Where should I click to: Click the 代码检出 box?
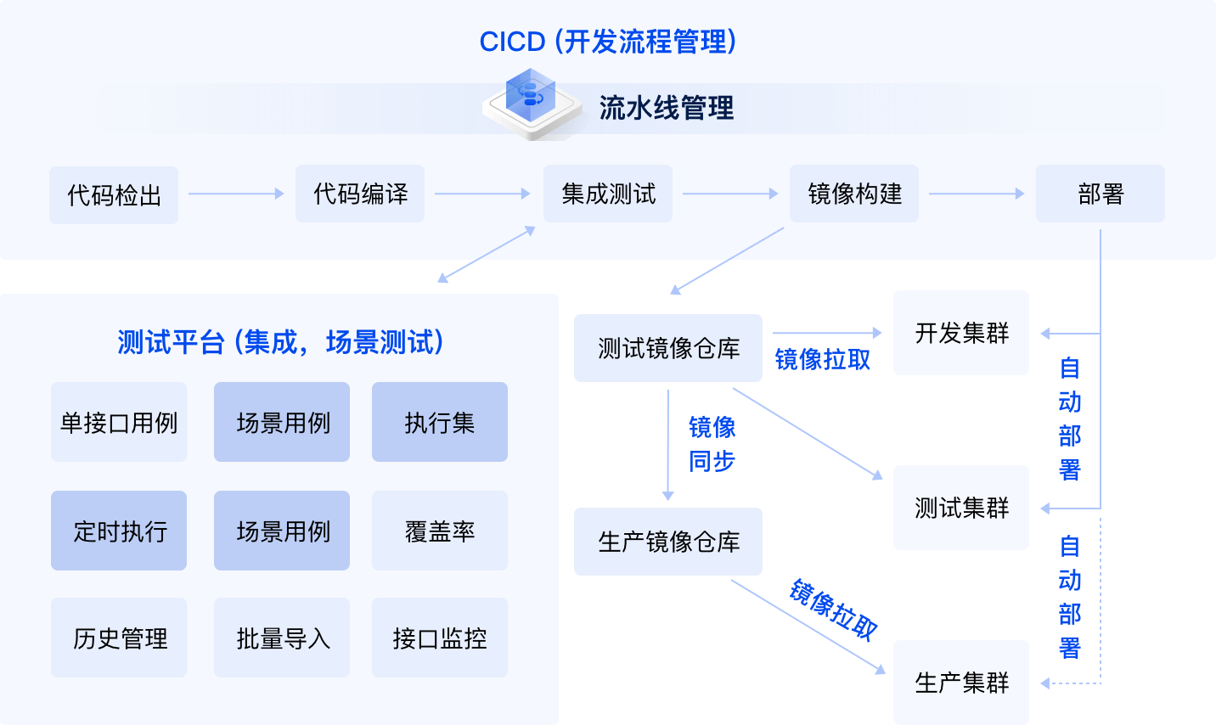[x=114, y=195]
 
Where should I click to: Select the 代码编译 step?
[x=360, y=194]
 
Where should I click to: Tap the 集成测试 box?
[x=608, y=194]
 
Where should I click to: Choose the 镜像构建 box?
[x=854, y=194]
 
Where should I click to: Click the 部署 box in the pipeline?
[x=1101, y=194]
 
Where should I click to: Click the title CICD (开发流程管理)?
[x=608, y=42]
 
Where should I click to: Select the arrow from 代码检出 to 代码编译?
[x=236, y=194]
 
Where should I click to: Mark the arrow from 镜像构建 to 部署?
[x=977, y=194]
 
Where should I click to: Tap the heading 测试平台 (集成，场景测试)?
[x=280, y=342]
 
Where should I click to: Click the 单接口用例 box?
[x=119, y=423]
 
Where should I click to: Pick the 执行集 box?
[x=440, y=423]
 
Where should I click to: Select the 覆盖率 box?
[x=440, y=531]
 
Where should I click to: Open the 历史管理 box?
[x=119, y=638]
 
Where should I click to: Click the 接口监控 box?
[x=440, y=638]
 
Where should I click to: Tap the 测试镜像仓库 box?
[x=668, y=348]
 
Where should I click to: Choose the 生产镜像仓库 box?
[x=668, y=542]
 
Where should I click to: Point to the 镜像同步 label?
[x=712, y=444]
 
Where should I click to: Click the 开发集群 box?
[x=961, y=333]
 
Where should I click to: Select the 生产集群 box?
[x=961, y=683]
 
